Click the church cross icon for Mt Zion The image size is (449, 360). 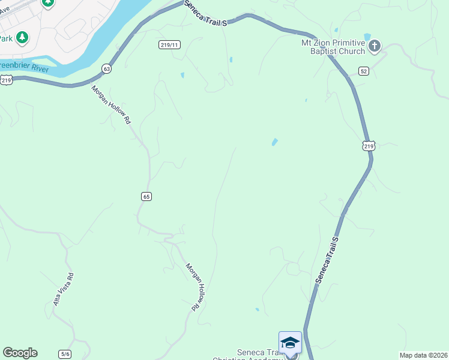click(375, 45)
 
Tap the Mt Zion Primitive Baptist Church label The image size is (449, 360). click(333, 47)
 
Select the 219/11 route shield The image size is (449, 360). click(170, 45)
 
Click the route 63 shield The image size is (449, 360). click(107, 68)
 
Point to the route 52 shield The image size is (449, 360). click(364, 71)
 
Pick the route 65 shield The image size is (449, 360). click(146, 196)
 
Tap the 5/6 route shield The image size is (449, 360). click(65, 354)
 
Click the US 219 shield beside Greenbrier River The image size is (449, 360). click(7, 79)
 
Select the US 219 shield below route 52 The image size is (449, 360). click(369, 146)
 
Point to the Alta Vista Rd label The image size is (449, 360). click(63, 290)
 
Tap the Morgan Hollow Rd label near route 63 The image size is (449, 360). click(111, 104)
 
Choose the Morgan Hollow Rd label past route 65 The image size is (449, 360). click(192, 287)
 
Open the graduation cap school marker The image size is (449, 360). click(290, 343)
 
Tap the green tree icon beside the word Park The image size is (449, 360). click(22, 38)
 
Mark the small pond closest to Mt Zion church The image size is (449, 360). click(367, 37)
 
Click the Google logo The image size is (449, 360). click(20, 353)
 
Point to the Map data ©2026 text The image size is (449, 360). click(423, 355)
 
